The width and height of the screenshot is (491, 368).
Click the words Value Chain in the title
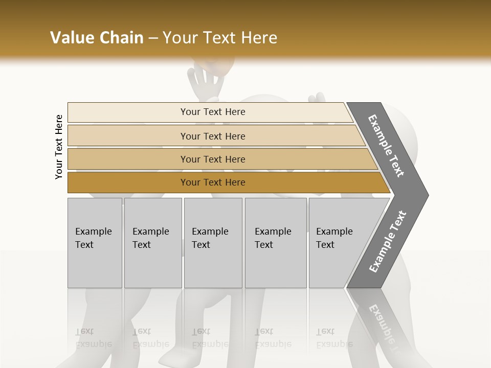(x=97, y=38)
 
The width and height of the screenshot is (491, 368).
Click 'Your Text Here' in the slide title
(x=220, y=38)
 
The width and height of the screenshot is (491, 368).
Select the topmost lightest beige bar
(x=128, y=112)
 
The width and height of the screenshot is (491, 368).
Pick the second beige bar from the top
(x=128, y=136)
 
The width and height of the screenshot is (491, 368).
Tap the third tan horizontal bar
(x=128, y=159)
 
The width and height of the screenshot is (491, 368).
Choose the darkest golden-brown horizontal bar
(x=128, y=182)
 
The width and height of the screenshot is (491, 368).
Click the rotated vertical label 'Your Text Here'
(x=59, y=147)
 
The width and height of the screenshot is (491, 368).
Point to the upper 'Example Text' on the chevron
(x=387, y=146)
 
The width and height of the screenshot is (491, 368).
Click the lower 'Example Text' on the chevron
(x=388, y=242)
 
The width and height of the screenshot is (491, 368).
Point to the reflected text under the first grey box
(x=93, y=338)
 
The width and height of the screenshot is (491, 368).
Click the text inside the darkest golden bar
(x=213, y=182)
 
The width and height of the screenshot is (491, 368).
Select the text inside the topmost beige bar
(x=213, y=112)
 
